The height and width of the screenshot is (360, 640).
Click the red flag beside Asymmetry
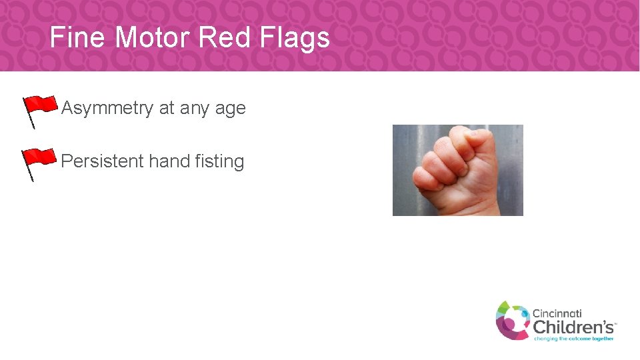click(41, 105)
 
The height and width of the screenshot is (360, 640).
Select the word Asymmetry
click(107, 109)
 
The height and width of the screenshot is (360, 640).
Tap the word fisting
click(220, 162)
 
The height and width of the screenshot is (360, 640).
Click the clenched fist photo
click(457, 170)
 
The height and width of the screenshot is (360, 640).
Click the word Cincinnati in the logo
click(557, 313)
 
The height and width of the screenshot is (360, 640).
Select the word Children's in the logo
click(573, 327)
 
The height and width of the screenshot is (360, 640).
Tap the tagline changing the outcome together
click(573, 339)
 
